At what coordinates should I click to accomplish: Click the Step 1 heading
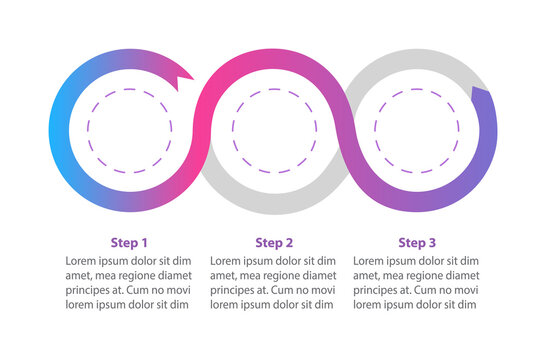pos(129,242)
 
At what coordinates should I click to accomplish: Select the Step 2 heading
pos(274,242)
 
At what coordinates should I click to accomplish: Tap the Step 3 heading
pos(417,242)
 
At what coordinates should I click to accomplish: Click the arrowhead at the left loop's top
pos(182,74)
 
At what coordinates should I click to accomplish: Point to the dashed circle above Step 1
pos(130,130)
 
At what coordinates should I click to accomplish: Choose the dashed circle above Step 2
pos(274,130)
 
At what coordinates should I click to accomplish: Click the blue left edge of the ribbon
pos(58,130)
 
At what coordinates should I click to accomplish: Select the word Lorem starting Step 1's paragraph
pos(85,261)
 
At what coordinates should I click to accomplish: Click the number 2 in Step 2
pos(290,242)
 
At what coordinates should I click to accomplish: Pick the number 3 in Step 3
pos(433,242)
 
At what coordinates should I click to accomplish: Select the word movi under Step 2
pos(321,290)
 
